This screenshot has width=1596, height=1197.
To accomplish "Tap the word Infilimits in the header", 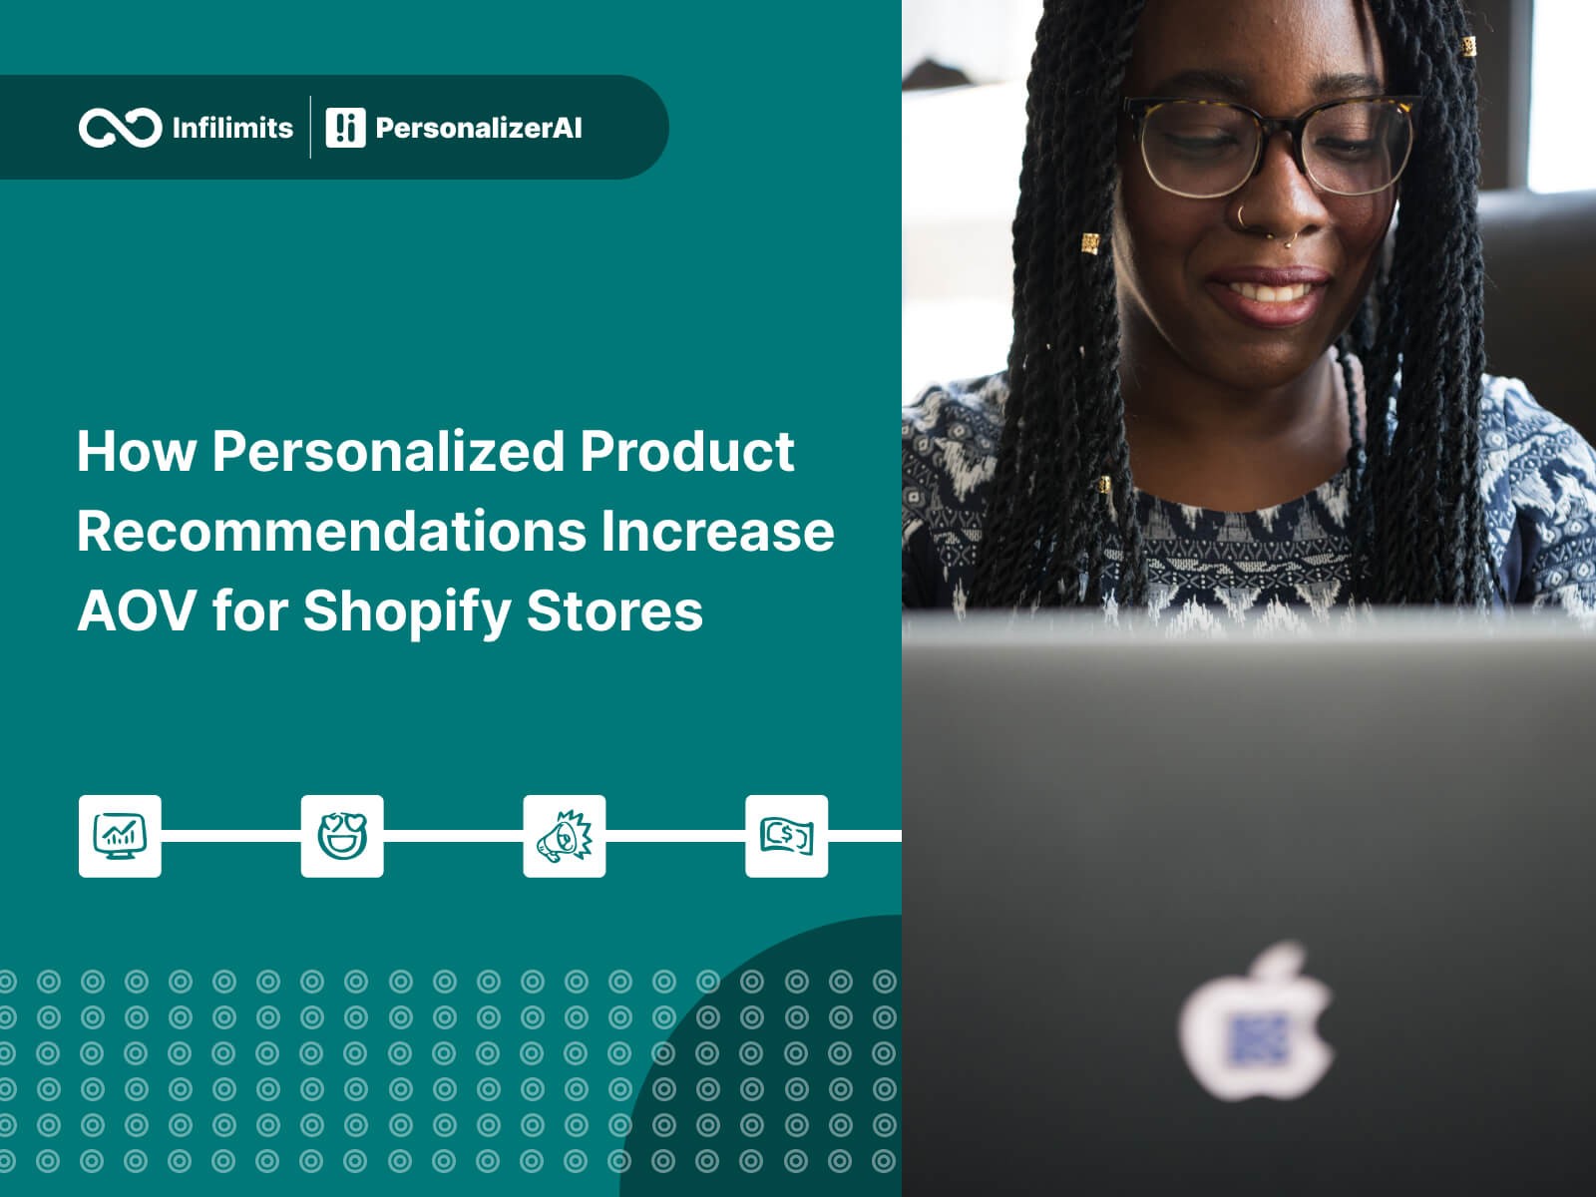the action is pyautogui.click(x=232, y=128).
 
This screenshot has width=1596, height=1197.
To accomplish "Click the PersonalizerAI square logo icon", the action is pyautogui.click(x=345, y=128).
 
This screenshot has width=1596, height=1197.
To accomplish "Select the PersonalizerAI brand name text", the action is pyautogui.click(x=479, y=128).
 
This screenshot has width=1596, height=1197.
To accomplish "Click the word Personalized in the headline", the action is pyautogui.click(x=388, y=452).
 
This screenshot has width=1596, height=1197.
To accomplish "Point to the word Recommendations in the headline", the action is pyautogui.click(x=331, y=532).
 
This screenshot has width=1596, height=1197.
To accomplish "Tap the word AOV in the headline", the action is pyautogui.click(x=136, y=611).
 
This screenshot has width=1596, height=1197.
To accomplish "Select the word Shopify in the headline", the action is pyautogui.click(x=407, y=612).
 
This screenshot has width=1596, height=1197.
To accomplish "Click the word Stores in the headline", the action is pyautogui.click(x=615, y=611).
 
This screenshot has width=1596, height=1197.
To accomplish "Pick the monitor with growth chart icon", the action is pyautogui.click(x=120, y=836).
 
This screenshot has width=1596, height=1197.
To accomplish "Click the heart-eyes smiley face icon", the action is pyautogui.click(x=342, y=836).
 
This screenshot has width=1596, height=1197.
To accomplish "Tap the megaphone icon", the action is pyautogui.click(x=565, y=836).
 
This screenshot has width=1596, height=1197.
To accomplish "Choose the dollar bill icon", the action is pyautogui.click(x=786, y=836).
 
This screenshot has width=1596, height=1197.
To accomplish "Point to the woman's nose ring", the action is pyautogui.click(x=1243, y=215).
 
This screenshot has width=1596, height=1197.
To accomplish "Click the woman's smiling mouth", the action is pyautogui.click(x=1268, y=294).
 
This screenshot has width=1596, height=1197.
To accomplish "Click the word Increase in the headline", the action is pyautogui.click(x=717, y=532).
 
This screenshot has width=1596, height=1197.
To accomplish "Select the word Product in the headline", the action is pyautogui.click(x=687, y=452).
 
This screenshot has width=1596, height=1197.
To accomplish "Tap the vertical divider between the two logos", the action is pyautogui.click(x=310, y=128).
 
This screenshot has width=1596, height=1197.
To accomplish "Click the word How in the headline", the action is pyautogui.click(x=137, y=452).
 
